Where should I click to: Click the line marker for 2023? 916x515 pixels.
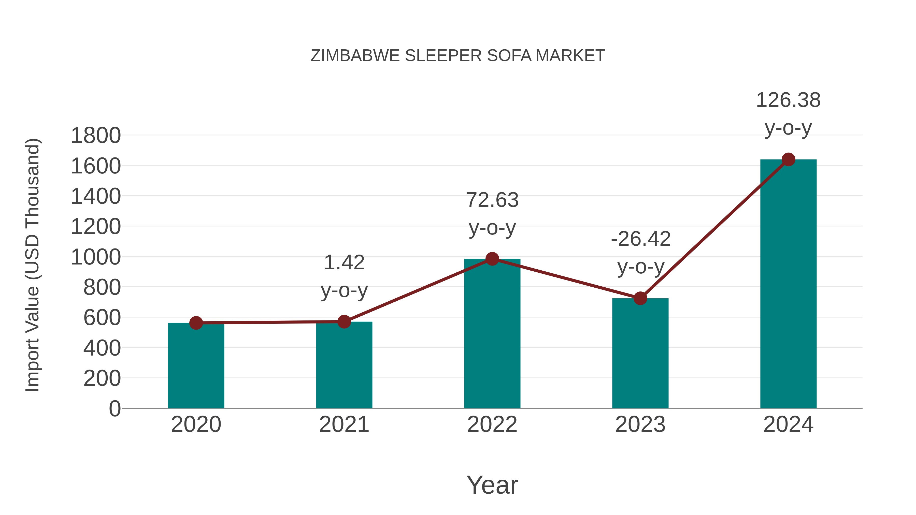[640, 298]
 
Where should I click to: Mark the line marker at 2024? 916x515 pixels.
[788, 159]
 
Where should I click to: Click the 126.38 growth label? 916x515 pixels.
[788, 100]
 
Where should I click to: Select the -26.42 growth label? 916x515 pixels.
[640, 239]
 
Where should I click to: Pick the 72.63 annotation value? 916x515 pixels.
[492, 200]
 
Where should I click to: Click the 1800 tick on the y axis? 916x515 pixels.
[96, 136]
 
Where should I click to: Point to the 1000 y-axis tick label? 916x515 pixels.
[96, 257]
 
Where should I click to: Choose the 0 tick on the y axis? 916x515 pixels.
[115, 409]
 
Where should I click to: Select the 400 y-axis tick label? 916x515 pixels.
[102, 348]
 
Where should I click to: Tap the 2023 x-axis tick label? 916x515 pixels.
[640, 424]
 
